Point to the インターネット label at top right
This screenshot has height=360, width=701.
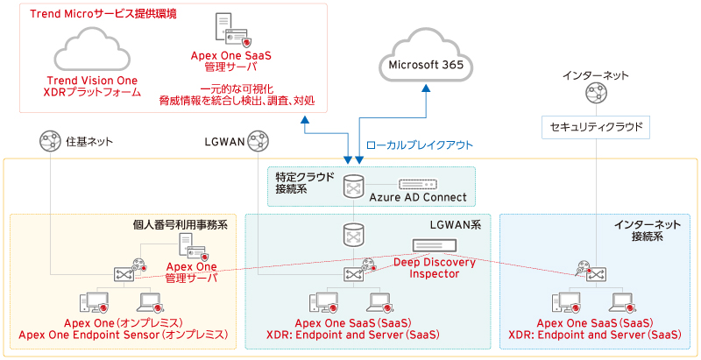click(596, 76)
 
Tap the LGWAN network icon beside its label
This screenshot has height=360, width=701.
click(258, 140)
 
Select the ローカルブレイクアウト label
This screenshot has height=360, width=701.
click(419, 145)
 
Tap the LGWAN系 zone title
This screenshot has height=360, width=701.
click(455, 225)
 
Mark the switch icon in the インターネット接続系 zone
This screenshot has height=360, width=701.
click(595, 273)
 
